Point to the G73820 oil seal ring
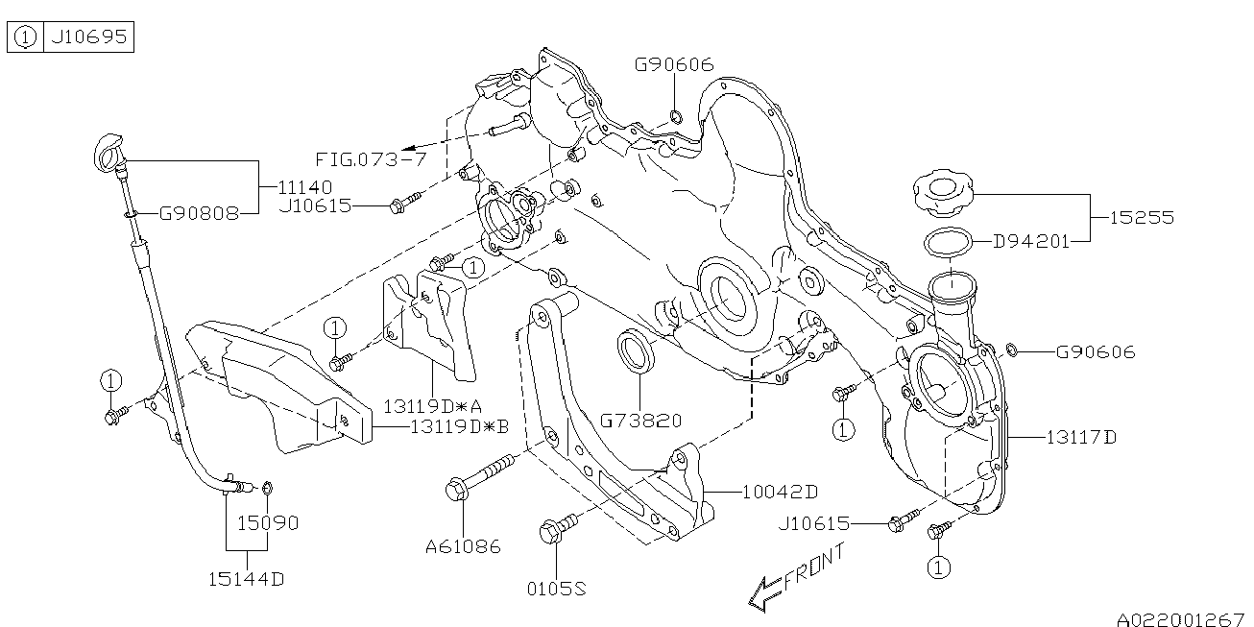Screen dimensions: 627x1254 [x=635, y=351]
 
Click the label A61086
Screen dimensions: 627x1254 [x=464, y=546]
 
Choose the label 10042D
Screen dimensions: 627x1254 [x=781, y=492]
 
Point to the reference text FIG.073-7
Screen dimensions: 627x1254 [x=371, y=158]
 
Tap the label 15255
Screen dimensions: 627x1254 [x=1142, y=218]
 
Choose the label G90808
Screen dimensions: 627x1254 [x=199, y=213]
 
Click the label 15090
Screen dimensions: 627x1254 [x=268, y=523]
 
